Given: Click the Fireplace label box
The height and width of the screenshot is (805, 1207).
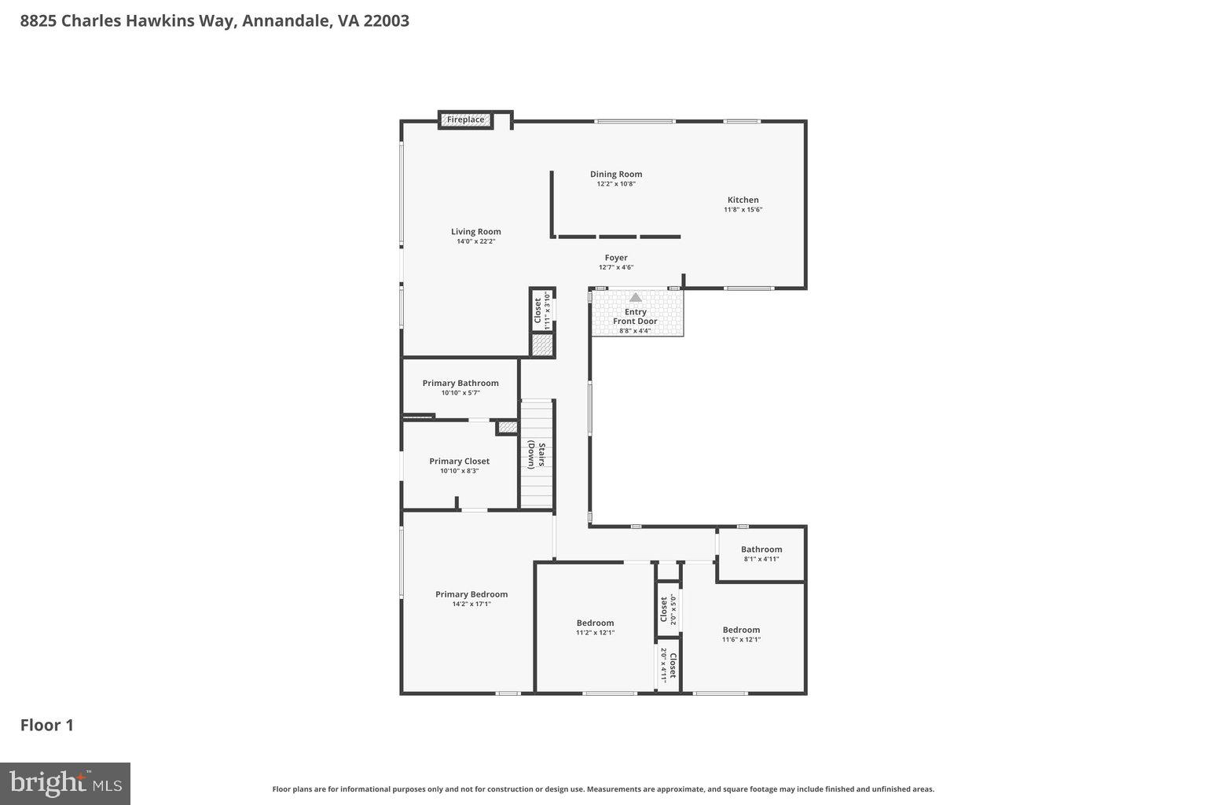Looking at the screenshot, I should [466, 119].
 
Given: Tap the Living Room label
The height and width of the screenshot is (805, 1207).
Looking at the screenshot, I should [475, 232].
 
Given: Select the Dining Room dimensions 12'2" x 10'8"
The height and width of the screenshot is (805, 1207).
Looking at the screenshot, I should [616, 184].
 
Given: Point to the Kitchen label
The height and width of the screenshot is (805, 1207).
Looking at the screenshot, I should [743, 200].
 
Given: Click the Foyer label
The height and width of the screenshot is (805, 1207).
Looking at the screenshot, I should [616, 258].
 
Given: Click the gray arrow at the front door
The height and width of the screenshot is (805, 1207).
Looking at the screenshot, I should [635, 298].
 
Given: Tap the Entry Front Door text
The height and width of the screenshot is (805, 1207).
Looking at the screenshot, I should [635, 317].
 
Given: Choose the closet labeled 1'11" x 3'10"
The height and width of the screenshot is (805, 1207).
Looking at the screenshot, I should [542, 310].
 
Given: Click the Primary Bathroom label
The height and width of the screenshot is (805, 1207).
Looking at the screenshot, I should [460, 384].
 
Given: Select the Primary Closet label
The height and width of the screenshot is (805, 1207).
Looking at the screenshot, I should [459, 461].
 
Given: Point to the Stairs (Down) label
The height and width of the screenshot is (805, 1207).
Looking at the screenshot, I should [536, 454].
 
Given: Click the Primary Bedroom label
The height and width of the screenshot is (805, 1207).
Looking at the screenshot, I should [471, 594].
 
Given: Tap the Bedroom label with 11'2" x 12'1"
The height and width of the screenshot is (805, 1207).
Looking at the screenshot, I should [595, 623].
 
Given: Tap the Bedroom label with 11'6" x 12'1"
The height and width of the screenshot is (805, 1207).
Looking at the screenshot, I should [741, 630].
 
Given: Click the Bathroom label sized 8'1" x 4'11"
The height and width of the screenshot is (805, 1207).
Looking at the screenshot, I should [761, 550].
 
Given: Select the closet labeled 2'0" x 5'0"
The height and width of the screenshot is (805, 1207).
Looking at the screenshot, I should [668, 608].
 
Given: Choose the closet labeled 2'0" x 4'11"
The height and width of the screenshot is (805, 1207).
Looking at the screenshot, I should [668, 665].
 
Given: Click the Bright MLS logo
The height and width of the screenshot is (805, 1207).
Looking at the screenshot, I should [65, 784].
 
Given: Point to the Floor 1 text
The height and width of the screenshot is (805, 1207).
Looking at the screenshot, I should [47, 725].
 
